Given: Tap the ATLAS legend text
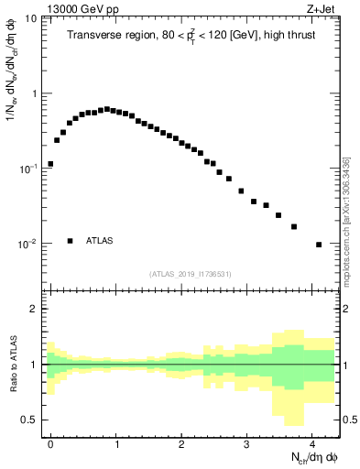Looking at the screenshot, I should (x=100, y=241).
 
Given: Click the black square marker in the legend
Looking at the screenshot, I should (x=70, y=241).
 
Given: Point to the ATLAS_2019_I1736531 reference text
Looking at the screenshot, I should (x=191, y=273).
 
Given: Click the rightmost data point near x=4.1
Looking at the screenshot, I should (x=319, y=245).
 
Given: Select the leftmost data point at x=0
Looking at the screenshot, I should (x=50, y=164).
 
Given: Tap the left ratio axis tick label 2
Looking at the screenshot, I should (x=35, y=309).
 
